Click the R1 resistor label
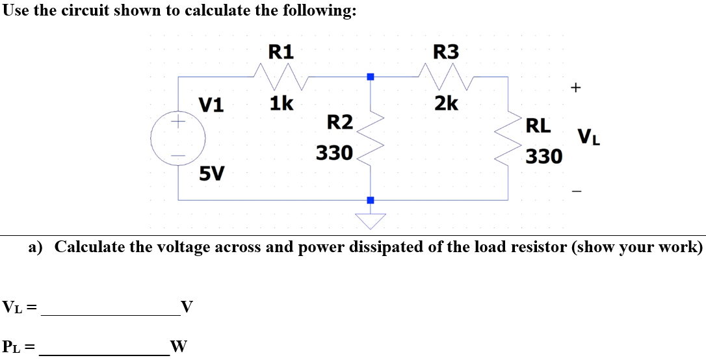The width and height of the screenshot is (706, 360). coord(281,51)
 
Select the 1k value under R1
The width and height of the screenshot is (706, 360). coord(281,103)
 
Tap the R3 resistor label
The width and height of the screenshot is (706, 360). coord(445,51)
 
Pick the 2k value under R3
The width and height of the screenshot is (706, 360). coord(446,103)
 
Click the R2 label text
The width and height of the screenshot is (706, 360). coord(339,122)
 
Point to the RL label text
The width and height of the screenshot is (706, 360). coord(538,125)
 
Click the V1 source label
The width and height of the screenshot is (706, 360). coord(211,104)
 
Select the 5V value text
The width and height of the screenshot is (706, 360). coord(212,174)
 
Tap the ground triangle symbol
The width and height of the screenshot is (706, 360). coord(371,220)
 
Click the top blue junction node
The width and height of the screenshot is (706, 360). coord(371,77)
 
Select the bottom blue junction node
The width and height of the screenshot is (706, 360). coord(371,200)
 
